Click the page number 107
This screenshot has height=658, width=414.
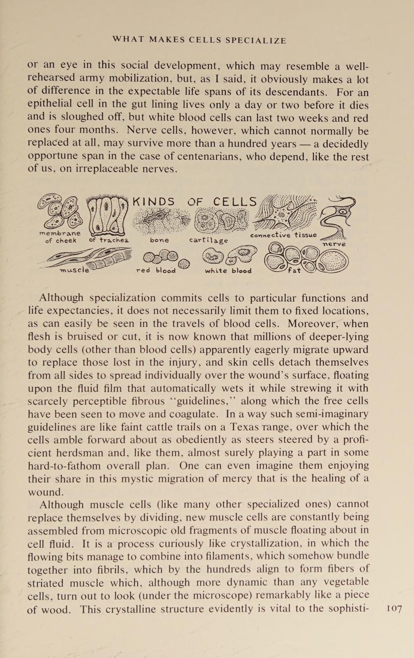click(394, 609)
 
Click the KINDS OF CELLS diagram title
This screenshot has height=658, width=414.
click(194, 202)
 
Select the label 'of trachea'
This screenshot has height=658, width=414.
click(109, 240)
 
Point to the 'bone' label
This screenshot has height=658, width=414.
click(159, 240)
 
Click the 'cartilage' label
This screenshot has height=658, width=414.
click(208, 240)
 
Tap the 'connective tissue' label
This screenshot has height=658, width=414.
click(283, 235)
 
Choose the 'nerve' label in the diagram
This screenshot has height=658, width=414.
click(334, 244)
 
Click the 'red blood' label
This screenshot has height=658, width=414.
click(156, 271)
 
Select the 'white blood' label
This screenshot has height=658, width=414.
click(228, 271)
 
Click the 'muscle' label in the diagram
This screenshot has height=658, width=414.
click(74, 270)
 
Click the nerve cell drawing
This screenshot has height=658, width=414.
click(338, 216)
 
